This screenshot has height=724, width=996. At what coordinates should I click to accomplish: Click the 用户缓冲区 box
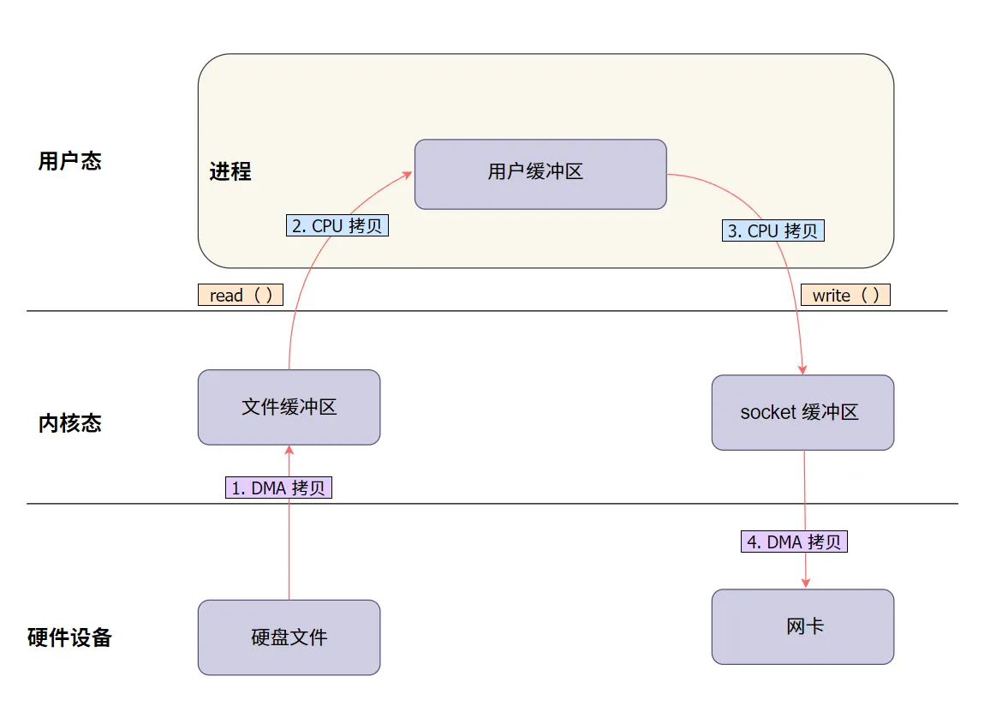[540, 174]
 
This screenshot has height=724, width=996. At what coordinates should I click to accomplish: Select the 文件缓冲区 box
[289, 408]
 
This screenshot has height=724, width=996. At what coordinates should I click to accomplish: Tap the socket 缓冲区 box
[803, 412]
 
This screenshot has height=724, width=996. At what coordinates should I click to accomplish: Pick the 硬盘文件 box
[289, 637]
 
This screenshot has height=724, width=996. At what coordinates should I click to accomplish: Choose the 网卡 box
[803, 626]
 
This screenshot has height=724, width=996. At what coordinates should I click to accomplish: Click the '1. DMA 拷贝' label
[279, 488]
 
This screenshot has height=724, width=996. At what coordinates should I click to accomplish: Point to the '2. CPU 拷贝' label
[337, 225]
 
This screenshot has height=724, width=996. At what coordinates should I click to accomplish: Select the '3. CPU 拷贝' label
[773, 230]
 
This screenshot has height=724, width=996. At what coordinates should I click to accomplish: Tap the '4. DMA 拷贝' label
[794, 542]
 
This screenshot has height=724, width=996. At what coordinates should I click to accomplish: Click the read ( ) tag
[241, 295]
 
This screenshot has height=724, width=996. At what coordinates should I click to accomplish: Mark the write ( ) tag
[845, 295]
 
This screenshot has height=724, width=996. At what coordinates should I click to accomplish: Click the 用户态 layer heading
[70, 161]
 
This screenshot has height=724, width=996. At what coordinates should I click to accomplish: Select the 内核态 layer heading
[70, 422]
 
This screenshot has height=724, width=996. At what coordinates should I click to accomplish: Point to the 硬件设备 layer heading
[70, 637]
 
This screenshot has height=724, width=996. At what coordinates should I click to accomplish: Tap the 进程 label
[230, 171]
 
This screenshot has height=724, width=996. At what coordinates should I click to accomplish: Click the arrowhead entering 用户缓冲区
[408, 175]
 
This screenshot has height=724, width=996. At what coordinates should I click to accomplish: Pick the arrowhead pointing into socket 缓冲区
[802, 370]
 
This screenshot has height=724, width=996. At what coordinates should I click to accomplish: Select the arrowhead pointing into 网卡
[805, 583]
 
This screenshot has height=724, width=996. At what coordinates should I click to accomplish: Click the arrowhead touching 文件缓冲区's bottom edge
[289, 450]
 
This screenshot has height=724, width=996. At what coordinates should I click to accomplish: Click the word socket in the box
[768, 412]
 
